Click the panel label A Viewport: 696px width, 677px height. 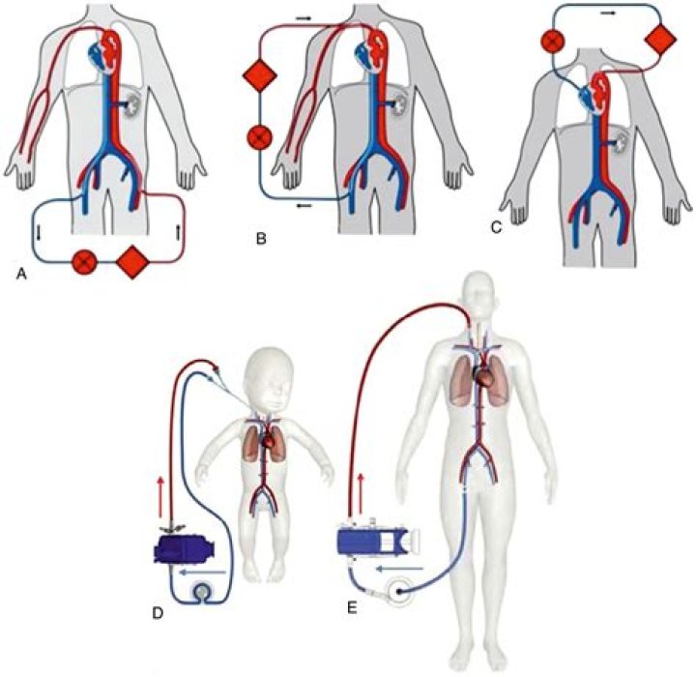[x=21, y=276]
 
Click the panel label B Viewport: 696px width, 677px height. [x=261, y=239]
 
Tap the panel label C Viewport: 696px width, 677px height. [x=496, y=228]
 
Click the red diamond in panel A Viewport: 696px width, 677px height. [x=132, y=262]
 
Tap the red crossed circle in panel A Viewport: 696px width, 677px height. [x=84, y=262]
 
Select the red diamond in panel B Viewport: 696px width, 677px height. [x=260, y=76]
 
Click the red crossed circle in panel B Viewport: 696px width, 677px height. [x=259, y=137]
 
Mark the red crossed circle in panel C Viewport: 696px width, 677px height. [x=553, y=42]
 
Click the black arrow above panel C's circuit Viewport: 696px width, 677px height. [x=608, y=13]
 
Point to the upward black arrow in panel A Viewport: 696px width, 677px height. [x=178, y=232]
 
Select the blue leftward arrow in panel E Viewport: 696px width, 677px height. [x=401, y=568]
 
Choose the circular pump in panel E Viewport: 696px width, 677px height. [x=396, y=591]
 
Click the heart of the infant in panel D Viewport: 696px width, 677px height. [x=269, y=442]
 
